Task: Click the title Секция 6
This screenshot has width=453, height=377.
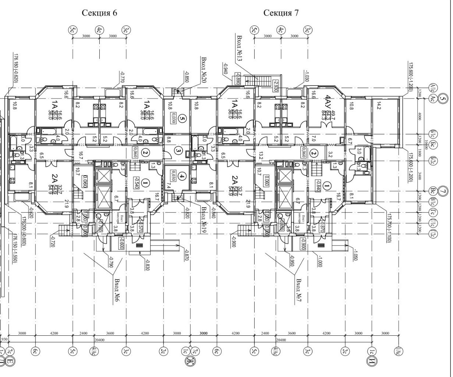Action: (x=99, y=13)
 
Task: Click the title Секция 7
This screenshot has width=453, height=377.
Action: (x=281, y=13)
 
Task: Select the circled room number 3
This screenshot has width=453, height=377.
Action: (x=178, y=150)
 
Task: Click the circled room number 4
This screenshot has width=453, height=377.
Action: (x=182, y=177)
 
